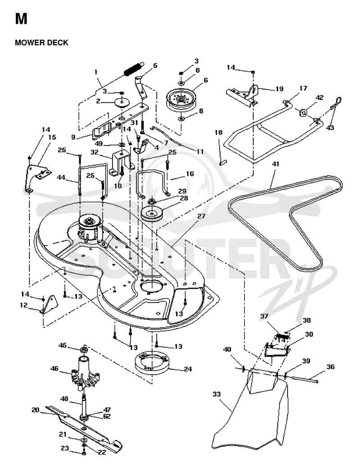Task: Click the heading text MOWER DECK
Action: tap(41, 43)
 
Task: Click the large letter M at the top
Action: tap(21, 18)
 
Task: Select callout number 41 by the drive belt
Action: tap(275, 164)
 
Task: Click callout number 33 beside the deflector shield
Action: tap(216, 394)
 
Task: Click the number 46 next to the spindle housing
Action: tap(54, 368)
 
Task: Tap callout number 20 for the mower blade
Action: tap(36, 410)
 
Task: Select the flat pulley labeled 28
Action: tap(152, 214)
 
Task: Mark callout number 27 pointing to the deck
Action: tap(201, 216)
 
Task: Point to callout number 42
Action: tap(319, 98)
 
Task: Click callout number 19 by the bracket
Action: tap(279, 89)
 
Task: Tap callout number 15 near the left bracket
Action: tap(52, 137)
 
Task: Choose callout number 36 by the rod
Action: tap(330, 367)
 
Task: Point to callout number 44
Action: tap(61, 178)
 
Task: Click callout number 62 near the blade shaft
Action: tap(107, 417)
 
